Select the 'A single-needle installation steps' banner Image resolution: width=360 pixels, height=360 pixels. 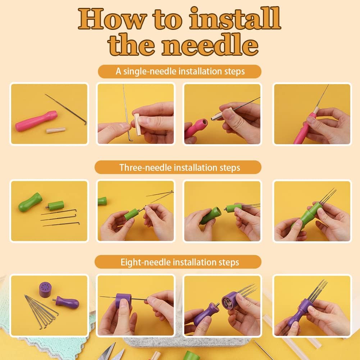pyautogui.click(x=179, y=71)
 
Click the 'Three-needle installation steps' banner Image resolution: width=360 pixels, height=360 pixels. pyautogui.click(x=179, y=168)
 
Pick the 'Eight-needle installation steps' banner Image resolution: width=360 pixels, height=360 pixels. pyautogui.click(x=179, y=262)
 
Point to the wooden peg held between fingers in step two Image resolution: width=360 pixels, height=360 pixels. pyautogui.click(x=137, y=123)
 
